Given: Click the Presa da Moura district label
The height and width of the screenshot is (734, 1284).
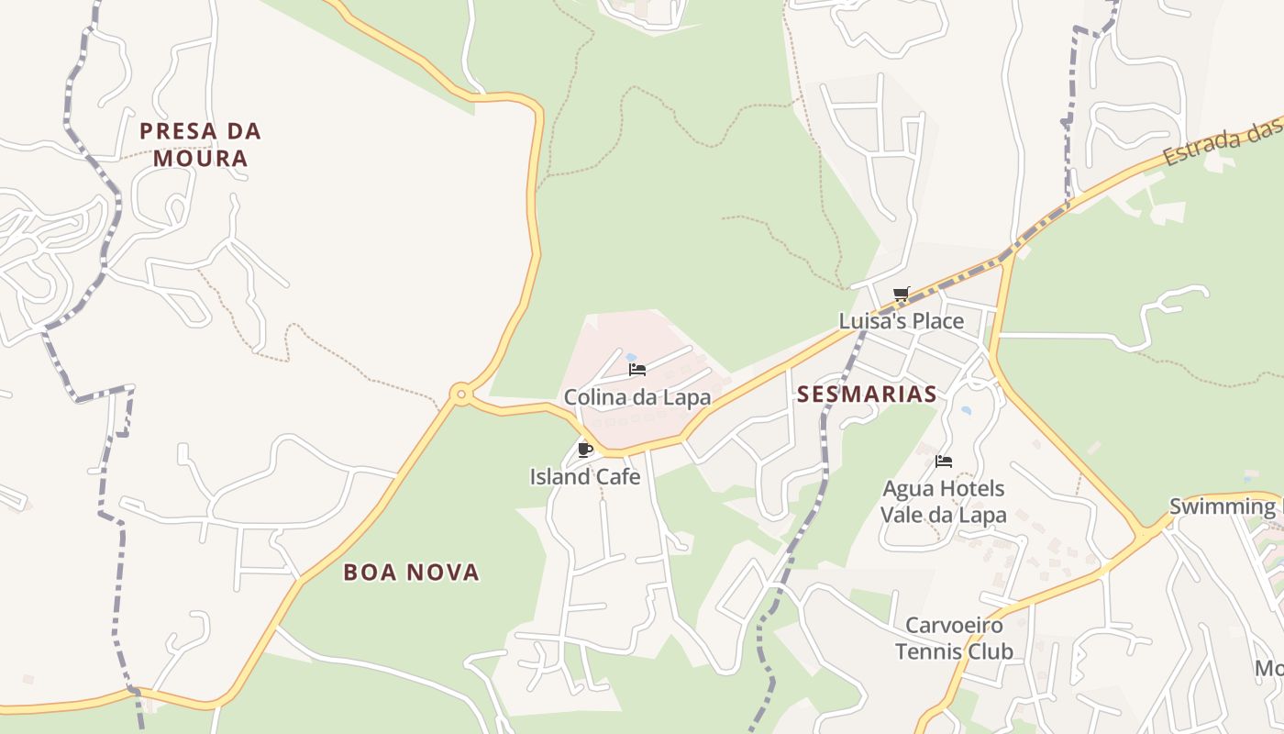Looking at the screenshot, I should pyautogui.click(x=200, y=144).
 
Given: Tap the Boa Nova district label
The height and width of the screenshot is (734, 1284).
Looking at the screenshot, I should pyautogui.click(x=411, y=573).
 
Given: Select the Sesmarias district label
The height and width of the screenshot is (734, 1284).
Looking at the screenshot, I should pyautogui.click(x=867, y=395).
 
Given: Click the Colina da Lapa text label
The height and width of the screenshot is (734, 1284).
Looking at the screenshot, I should pyautogui.click(x=637, y=397).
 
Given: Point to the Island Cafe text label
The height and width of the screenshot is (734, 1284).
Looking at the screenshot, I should pyautogui.click(x=584, y=476).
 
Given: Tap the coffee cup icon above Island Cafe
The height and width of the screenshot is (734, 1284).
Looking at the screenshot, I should pyautogui.click(x=585, y=450).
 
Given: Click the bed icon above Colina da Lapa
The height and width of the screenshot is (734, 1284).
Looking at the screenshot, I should pyautogui.click(x=637, y=370).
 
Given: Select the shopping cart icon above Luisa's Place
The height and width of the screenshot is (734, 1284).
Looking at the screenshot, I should pyautogui.click(x=901, y=295).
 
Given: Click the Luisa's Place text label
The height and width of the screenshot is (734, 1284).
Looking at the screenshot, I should pyautogui.click(x=902, y=321).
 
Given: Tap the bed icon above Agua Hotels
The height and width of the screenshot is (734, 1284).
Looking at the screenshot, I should pyautogui.click(x=944, y=461).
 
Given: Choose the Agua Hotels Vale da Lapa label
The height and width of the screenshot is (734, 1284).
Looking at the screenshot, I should pyautogui.click(x=943, y=501).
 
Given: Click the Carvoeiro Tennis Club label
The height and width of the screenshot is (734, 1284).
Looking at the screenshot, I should pyautogui.click(x=954, y=639).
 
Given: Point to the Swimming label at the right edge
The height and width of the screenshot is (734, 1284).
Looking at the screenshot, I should pyautogui.click(x=1222, y=506).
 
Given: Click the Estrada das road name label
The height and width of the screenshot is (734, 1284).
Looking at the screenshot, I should pyautogui.click(x=1222, y=145).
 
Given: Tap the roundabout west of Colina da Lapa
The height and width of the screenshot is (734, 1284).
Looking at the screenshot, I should pyautogui.click(x=461, y=395).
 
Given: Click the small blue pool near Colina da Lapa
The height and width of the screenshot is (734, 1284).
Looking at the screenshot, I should pyautogui.click(x=631, y=356).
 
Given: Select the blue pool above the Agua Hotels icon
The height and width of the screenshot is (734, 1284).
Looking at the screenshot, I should pyautogui.click(x=965, y=411).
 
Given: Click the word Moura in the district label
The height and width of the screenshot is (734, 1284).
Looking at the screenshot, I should pyautogui.click(x=200, y=158).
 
